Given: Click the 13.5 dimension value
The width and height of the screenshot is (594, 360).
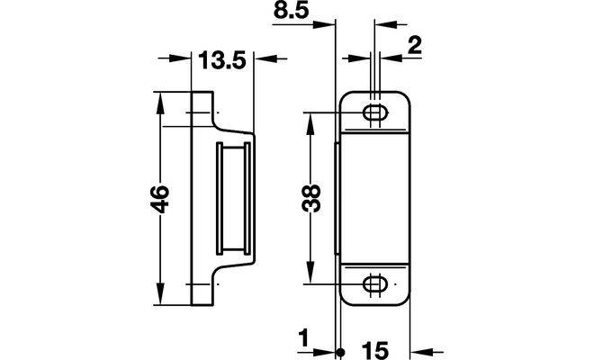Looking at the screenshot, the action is click(x=222, y=59).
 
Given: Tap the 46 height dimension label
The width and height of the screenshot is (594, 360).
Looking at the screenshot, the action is click(x=159, y=199).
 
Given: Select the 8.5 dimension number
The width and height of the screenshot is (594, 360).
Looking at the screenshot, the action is click(x=291, y=11).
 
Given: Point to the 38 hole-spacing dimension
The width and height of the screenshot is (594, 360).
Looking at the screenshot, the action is click(x=311, y=198).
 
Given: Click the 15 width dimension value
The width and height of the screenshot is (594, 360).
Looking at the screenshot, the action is click(x=374, y=350).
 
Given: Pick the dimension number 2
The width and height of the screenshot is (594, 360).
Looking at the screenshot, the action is click(x=415, y=46).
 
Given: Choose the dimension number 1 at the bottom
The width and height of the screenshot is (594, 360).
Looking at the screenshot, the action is click(x=304, y=339).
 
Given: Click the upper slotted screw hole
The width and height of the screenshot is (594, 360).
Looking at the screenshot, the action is click(x=376, y=112).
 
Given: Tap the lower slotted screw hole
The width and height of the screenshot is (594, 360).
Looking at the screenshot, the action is click(x=376, y=283).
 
